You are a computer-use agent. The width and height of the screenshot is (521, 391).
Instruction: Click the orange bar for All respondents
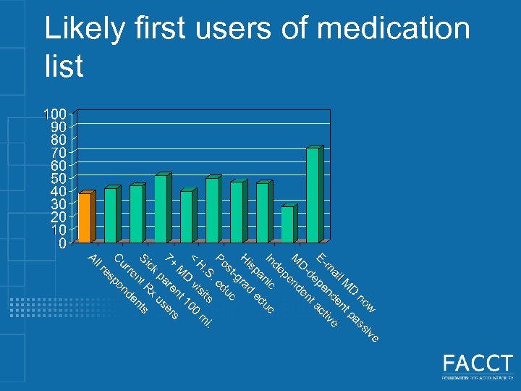(x=85, y=218)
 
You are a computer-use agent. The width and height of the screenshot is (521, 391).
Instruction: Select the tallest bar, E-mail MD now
(x=312, y=195)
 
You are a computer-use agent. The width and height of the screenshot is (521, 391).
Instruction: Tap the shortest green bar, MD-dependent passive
(x=287, y=224)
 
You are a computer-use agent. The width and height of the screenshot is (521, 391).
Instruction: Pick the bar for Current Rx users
(x=110, y=215)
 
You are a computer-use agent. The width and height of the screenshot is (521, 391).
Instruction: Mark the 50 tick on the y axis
(x=58, y=178)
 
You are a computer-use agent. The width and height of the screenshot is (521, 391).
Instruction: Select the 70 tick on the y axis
(x=58, y=152)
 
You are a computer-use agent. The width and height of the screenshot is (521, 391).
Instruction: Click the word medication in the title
(x=394, y=29)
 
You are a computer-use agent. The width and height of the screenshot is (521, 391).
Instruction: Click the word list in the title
(x=64, y=67)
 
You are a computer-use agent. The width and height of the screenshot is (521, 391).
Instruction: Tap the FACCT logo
(x=478, y=366)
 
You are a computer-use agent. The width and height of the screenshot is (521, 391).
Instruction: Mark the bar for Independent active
(x=262, y=212)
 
